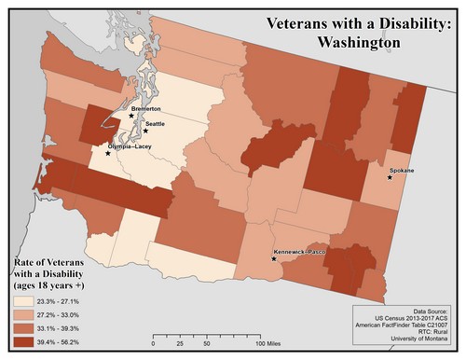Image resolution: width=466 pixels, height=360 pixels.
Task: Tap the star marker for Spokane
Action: pos(390,177)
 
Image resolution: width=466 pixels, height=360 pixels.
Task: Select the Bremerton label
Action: pos(146,109)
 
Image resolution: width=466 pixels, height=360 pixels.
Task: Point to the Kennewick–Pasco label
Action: pos(297,252)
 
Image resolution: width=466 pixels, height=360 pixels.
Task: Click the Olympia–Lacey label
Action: pos(129,147)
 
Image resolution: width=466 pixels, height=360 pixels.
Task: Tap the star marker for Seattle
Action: pos(145,132)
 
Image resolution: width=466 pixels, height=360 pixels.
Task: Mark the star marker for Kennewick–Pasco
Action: pos(273,258)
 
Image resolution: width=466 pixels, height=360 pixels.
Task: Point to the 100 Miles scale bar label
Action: pos(269,344)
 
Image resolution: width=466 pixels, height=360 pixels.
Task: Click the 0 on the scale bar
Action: pos(153,344)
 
